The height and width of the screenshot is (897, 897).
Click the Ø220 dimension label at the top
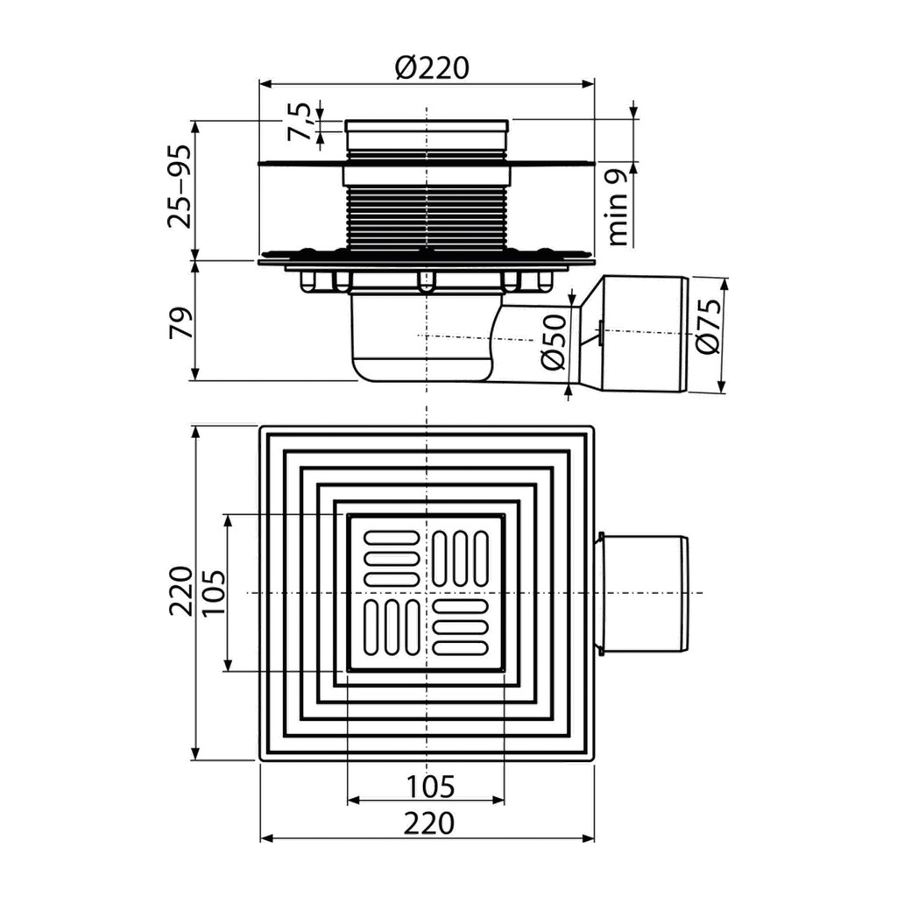point(431,67)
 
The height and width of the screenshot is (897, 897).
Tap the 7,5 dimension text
point(299,121)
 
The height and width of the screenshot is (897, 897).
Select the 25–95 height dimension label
point(180,187)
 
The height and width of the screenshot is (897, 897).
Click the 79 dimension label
point(179,322)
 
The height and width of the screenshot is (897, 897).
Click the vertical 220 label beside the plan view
point(180,591)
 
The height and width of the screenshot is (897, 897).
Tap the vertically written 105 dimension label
point(213,593)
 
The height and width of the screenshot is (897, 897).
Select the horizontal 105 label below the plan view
point(429,787)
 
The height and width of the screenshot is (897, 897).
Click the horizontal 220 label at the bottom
point(429,824)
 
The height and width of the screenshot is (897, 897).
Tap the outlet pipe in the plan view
point(642,593)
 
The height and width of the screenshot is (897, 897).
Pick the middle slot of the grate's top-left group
point(391,558)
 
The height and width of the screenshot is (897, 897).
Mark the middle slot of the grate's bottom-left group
point(391,626)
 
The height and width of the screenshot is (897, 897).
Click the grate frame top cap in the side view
point(427,127)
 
